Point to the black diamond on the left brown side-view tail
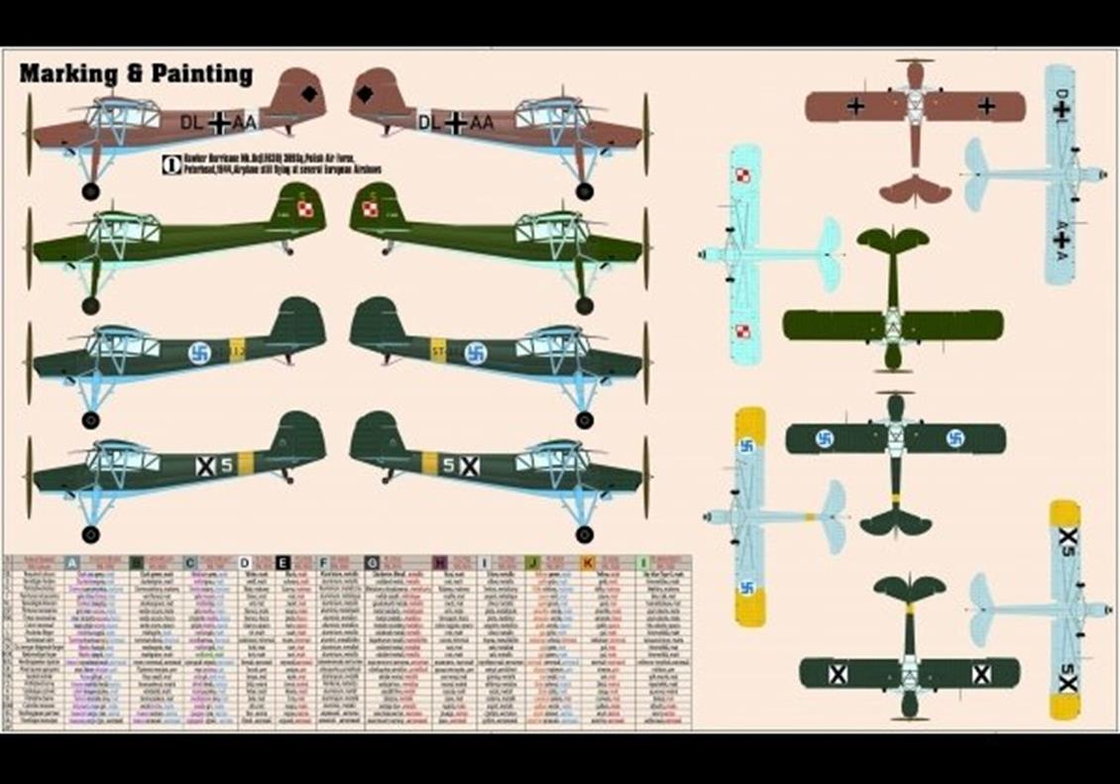coord(309,95)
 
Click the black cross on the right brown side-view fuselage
coord(456,123)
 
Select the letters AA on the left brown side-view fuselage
coord(245,122)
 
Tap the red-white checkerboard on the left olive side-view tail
coord(305,209)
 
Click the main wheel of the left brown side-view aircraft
coord(91,190)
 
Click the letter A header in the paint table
coord(71,563)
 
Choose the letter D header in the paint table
coord(245,563)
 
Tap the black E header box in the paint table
coord(283,563)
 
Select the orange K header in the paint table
coord(588,563)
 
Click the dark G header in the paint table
coord(372,563)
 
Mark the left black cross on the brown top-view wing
coord(855,106)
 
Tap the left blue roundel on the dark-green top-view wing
coord(825,438)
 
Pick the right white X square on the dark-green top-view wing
coord(981,674)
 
